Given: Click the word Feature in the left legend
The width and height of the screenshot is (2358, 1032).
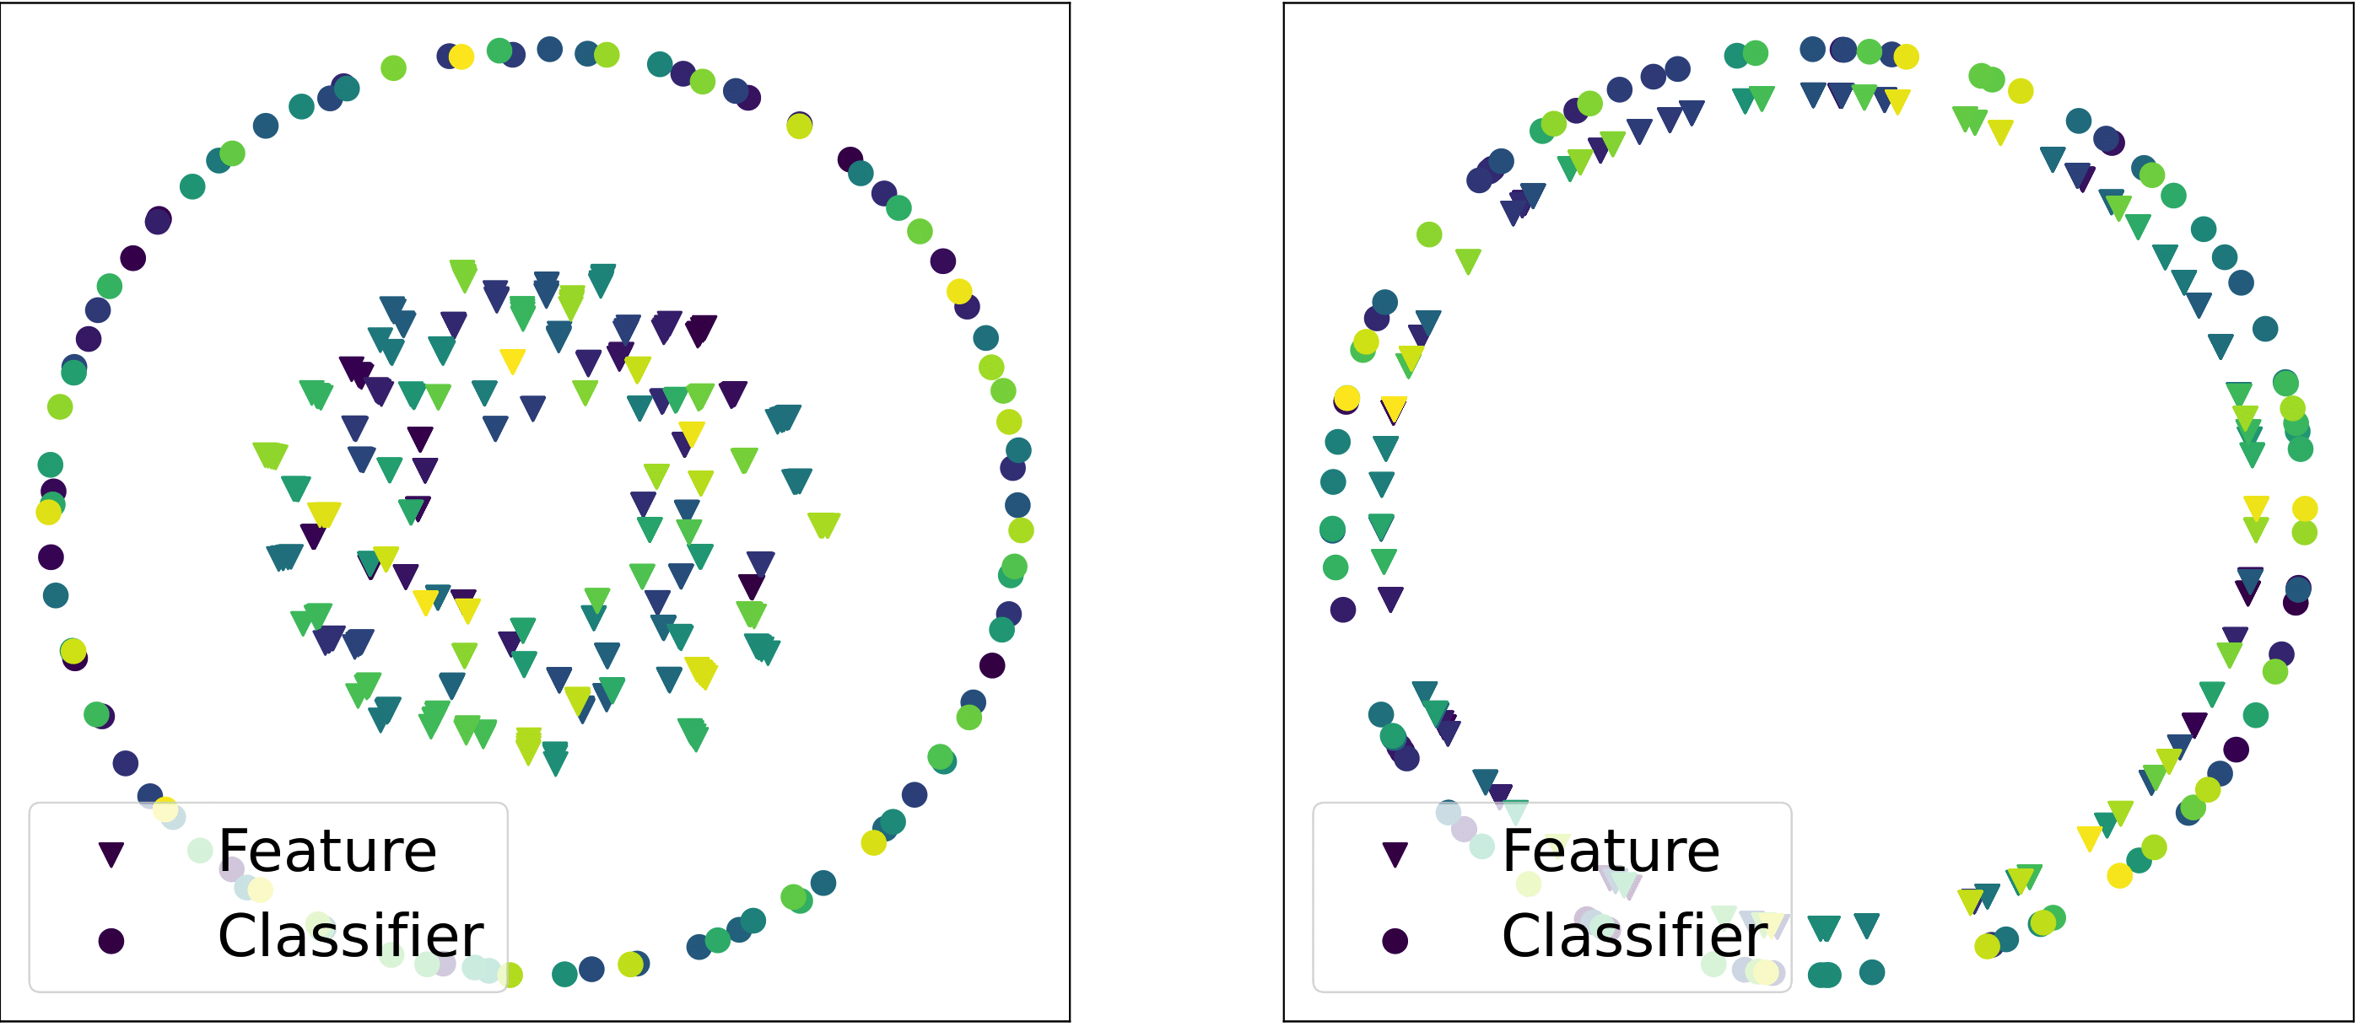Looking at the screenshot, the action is pyautogui.click(x=326, y=851).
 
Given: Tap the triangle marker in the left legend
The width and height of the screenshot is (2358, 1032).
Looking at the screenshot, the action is pyautogui.click(x=111, y=853).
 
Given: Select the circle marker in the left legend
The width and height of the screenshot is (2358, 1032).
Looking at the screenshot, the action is pyautogui.click(x=111, y=940).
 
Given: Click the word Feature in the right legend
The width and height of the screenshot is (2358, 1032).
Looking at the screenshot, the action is pyautogui.click(x=1611, y=851).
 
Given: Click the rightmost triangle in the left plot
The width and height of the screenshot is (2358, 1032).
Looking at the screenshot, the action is pyautogui.click(x=824, y=524).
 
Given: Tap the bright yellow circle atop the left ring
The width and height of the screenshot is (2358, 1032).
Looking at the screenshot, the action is pyautogui.click(x=461, y=56).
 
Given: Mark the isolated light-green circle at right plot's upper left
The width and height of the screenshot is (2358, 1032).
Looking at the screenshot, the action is pyautogui.click(x=1429, y=235).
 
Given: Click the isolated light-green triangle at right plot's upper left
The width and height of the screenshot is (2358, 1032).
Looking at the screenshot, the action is pyautogui.click(x=1468, y=261).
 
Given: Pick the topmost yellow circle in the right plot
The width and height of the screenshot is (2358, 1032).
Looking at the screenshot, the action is pyautogui.click(x=1906, y=56).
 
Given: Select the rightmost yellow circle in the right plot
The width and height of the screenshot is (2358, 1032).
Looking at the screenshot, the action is pyautogui.click(x=2305, y=508).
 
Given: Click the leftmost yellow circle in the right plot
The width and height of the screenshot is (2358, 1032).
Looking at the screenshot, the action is pyautogui.click(x=1346, y=398).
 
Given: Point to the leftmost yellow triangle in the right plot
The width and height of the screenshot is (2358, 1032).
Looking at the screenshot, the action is pyautogui.click(x=1393, y=408).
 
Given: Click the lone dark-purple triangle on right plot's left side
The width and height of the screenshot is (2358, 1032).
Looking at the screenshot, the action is pyautogui.click(x=1390, y=599).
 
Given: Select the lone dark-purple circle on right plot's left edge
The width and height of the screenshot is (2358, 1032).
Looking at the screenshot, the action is pyautogui.click(x=1343, y=610).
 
